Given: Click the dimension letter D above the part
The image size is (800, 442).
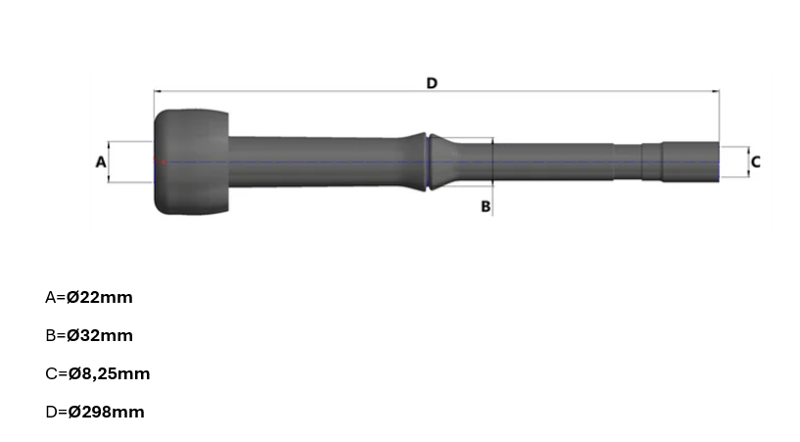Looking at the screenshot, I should point(432,83).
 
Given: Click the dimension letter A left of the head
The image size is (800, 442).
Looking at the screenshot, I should point(100,162).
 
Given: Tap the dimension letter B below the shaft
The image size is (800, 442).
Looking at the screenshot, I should point(485,206).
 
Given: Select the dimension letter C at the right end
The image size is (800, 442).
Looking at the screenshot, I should point(756,162).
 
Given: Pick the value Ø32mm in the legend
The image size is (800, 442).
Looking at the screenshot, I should point(101,335).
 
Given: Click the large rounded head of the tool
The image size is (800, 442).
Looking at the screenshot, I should point(191,162).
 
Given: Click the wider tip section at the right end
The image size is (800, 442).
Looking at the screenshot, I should point(690,162).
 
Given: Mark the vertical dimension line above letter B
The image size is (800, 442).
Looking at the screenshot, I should point(493,172).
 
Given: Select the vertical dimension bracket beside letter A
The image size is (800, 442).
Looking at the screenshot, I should point(111,162).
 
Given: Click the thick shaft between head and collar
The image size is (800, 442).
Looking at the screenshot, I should point(323,162).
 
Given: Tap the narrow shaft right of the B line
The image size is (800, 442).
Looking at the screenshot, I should point(553,163).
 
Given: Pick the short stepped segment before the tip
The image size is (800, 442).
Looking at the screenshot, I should point(651,162).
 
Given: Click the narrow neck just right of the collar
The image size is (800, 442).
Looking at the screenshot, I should point(460,163).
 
